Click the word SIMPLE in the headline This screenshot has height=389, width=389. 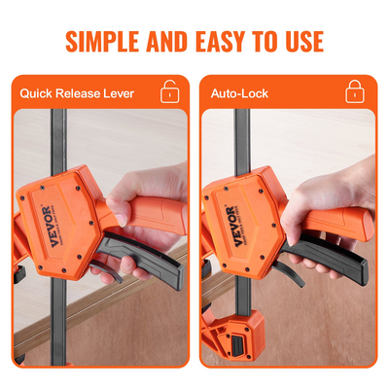pos(102,42)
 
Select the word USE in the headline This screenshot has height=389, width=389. pos(304,42)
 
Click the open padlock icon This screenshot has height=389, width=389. pos(169,91)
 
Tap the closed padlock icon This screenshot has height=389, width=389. pos(355,91)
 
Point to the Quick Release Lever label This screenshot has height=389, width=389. pos(77,93)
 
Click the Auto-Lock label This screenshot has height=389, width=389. pos(239,93)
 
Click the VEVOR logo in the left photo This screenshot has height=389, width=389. pos(47,227)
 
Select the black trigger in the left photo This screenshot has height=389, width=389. pos(143,256)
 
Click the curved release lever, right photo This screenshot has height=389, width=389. pos(290,273)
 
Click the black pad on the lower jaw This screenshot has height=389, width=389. pos(238,345)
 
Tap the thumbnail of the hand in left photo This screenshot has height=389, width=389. pos(121,220)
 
